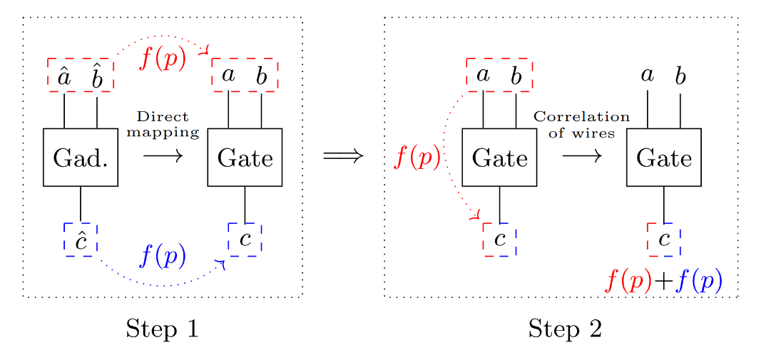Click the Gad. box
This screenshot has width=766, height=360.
coord(81,158)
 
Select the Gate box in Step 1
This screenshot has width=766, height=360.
coord(245,158)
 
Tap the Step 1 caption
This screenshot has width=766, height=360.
coord(162,329)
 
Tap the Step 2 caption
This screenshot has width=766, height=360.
coord(565,329)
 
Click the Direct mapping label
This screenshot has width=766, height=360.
coord(163,124)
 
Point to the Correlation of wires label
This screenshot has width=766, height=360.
coord(581,124)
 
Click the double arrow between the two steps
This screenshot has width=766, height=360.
coord(343,156)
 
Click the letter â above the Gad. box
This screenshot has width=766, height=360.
coord(64,77)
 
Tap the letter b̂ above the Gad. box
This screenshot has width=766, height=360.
coord(97,77)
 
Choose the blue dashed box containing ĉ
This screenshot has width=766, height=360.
coord(81,240)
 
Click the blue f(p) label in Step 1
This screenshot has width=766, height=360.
coord(163,255)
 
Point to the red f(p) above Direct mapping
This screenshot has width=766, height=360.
coord(163,58)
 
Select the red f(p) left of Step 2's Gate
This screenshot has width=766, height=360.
coord(417,158)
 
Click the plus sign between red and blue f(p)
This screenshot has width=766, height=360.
coord(663,282)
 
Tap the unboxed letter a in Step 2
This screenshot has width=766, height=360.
coord(648,75)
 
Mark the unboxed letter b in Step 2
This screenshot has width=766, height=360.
coord(680,76)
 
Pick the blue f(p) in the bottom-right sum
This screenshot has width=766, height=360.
coord(699,282)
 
